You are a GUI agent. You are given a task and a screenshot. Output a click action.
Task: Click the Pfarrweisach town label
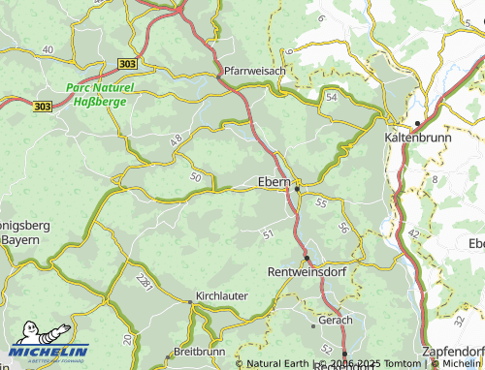pyautogui.click(x=255, y=71)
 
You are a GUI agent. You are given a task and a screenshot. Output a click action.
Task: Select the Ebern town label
pyautogui.click(x=276, y=181)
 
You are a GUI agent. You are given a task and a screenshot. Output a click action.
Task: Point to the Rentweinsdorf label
pyautogui.click(x=307, y=271)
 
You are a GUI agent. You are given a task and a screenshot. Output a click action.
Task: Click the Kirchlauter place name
pyautogui.click(x=222, y=294)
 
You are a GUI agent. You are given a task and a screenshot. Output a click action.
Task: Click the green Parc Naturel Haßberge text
pyautogui.click(x=100, y=94)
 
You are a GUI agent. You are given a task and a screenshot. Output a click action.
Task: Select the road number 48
pyautogui.click(x=177, y=141)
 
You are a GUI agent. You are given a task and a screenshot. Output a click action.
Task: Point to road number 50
pyautogui.click(x=196, y=176)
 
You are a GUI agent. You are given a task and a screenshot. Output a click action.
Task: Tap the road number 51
pyautogui.click(x=268, y=233)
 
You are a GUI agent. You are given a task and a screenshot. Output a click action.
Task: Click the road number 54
pyautogui.click(x=332, y=98)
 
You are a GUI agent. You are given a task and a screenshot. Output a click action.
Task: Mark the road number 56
pyautogui.click(x=343, y=227)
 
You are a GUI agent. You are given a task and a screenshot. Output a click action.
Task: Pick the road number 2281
pyautogui.click(x=145, y=281)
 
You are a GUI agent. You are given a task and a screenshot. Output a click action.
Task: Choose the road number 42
pyautogui.click(x=414, y=233)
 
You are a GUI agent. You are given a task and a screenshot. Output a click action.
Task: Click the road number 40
pyautogui.click(x=48, y=48)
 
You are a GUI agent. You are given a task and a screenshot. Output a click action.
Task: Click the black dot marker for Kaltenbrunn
pyautogui.click(x=417, y=123)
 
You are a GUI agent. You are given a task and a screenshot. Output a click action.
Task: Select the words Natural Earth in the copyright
pyautogui.click(x=282, y=363)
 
